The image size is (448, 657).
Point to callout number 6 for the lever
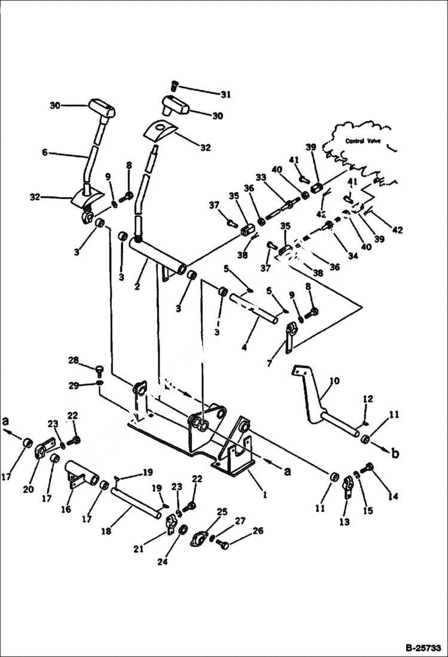[45, 153]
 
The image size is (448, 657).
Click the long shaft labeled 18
[135, 504]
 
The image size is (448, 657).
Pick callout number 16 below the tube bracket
[66, 509]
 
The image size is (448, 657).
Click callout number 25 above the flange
[223, 511]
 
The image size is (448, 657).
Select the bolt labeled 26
[224, 544]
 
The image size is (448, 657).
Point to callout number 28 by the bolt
[73, 361]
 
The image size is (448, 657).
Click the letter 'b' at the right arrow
[395, 453]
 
